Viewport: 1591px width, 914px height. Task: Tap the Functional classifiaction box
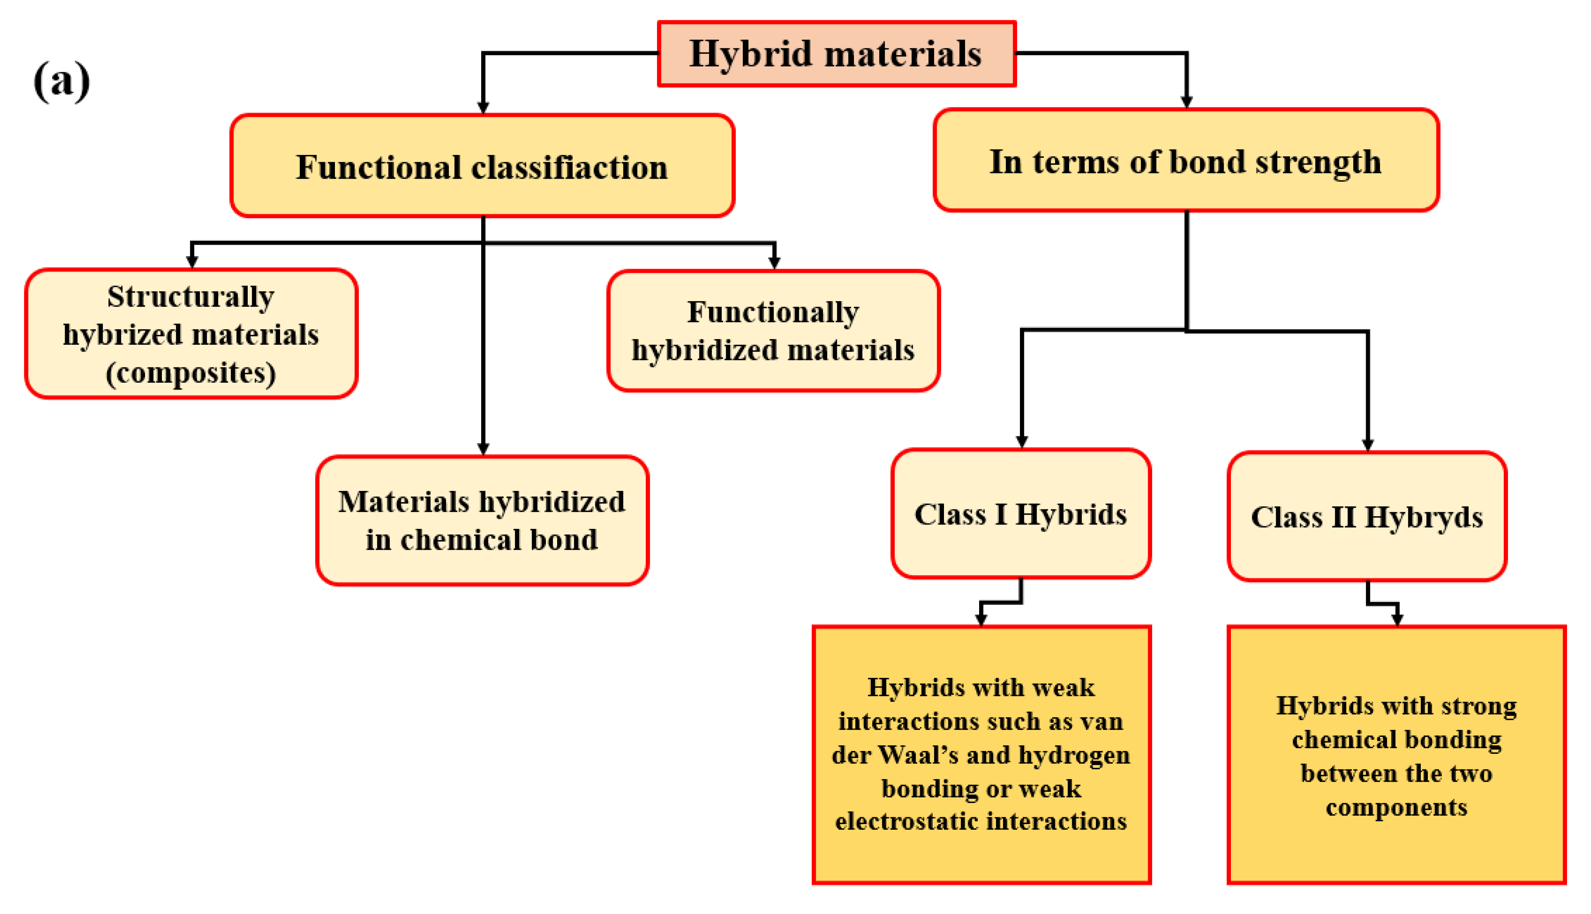(482, 166)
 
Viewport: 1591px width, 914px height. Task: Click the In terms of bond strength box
(1185, 161)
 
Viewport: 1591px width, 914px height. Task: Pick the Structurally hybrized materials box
(191, 334)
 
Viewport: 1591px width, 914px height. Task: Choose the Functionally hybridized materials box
(773, 331)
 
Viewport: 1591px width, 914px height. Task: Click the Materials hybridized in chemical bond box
(482, 521)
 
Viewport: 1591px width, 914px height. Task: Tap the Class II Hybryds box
(1366, 517)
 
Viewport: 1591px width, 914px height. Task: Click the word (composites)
(191, 373)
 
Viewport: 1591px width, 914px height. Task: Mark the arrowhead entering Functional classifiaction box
(483, 108)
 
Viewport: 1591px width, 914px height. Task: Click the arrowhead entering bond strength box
(1186, 102)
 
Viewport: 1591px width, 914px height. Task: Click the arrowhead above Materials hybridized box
(483, 449)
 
